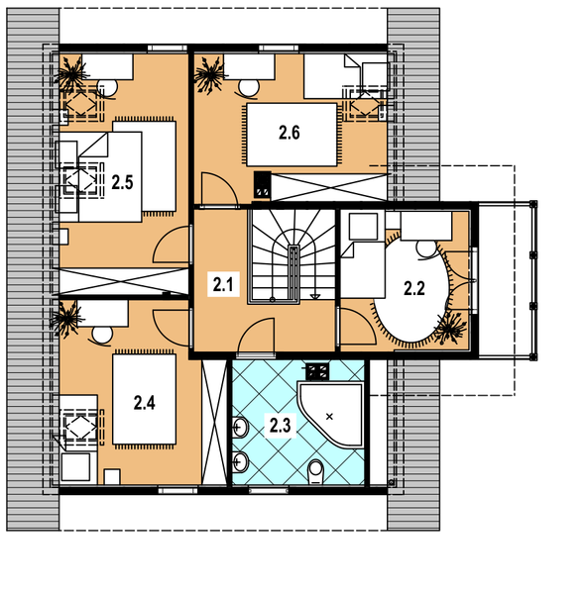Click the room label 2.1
223,284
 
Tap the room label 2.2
414,289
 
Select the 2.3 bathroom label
280,426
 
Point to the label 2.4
144,403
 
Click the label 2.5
122,182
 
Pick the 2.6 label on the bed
290,133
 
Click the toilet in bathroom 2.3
315,472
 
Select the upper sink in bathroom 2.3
240,428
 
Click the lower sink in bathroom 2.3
240,461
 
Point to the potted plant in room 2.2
451,328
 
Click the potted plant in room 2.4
67,319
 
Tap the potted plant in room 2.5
71,74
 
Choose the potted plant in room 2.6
209,74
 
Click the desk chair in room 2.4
102,336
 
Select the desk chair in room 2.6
249,88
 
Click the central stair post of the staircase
293,274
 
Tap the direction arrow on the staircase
315,296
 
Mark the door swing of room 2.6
220,188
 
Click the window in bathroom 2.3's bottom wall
269,491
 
